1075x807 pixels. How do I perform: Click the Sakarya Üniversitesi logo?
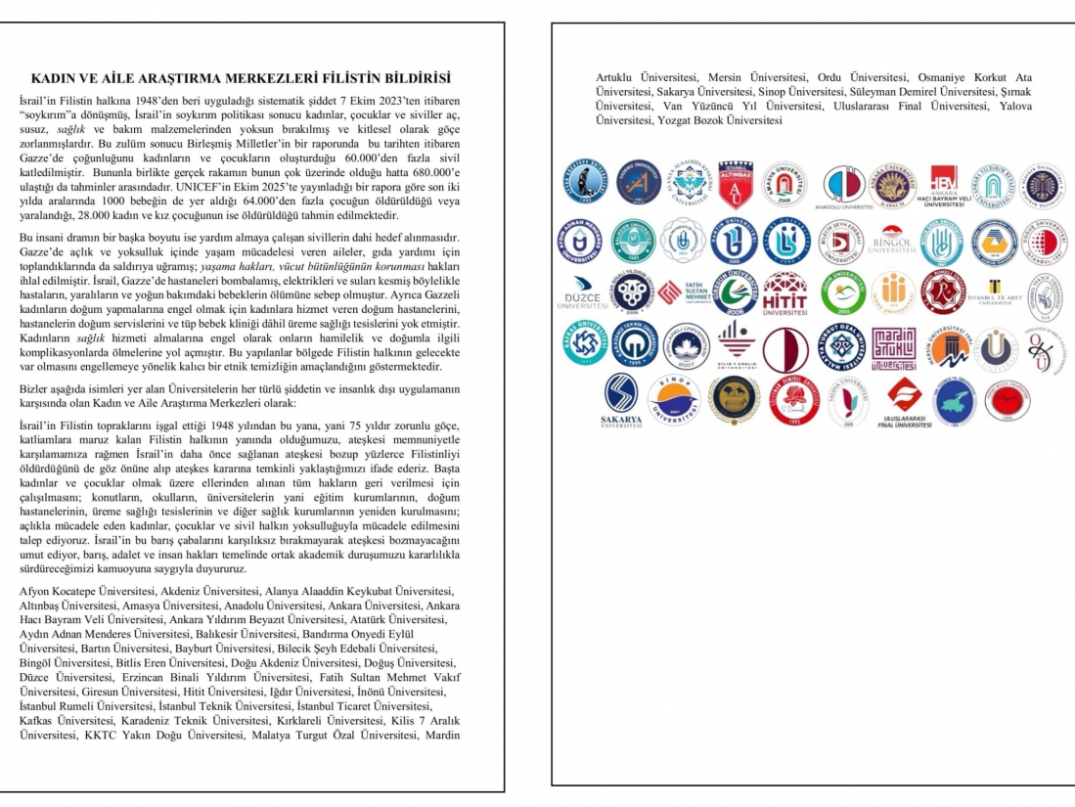pyautogui.click(x=621, y=400)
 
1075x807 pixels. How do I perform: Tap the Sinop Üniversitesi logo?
pyautogui.click(x=673, y=399)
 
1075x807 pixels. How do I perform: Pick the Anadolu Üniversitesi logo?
pyautogui.click(x=842, y=187)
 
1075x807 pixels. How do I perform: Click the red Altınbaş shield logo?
pyautogui.click(x=735, y=185)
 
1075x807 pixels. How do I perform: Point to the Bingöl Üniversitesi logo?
pyautogui.click(x=891, y=242)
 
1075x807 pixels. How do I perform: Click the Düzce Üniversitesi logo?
pyautogui.click(x=585, y=293)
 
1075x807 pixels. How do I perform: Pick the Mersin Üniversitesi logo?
pyautogui.click(x=947, y=348)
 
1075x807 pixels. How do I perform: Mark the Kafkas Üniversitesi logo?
pyautogui.click(x=585, y=348)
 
